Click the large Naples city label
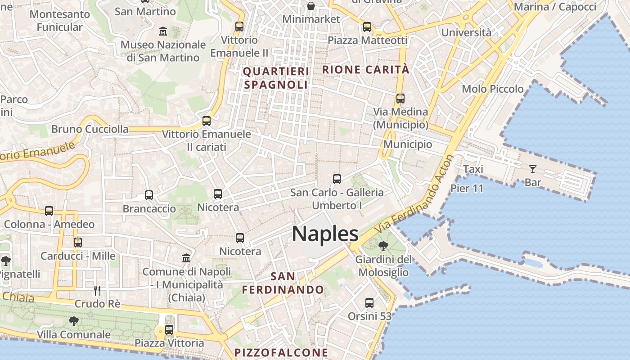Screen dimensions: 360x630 point(325,234)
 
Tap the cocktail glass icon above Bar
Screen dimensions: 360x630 point(533,169)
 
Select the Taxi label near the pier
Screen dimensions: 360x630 point(473,169)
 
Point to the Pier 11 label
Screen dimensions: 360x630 point(467,188)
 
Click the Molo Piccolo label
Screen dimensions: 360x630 point(493,89)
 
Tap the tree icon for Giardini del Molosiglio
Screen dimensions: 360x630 point(383,246)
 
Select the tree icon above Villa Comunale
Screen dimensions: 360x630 point(73,321)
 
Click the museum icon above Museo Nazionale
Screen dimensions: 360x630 point(163,31)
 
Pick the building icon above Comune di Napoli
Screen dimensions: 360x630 point(186,258)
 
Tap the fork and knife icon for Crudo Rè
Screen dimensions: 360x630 point(97,290)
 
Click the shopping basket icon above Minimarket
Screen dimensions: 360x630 point(311,6)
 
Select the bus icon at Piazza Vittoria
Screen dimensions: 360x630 point(169,330)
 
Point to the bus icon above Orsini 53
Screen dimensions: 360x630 point(369,303)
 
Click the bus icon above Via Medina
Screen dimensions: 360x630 point(400,99)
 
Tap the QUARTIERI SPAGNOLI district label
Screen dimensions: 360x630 point(276,78)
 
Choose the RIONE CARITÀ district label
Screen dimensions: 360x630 point(366,70)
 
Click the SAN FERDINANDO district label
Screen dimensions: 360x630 point(283,283)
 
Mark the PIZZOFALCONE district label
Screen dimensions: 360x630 point(281,352)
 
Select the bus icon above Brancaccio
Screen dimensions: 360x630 point(149,195)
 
